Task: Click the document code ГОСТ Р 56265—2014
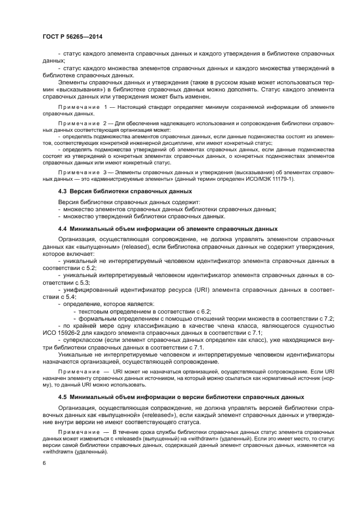point(72,36)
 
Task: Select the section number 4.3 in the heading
point(63,191)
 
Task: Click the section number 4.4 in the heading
point(63,228)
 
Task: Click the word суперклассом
point(82,340)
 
